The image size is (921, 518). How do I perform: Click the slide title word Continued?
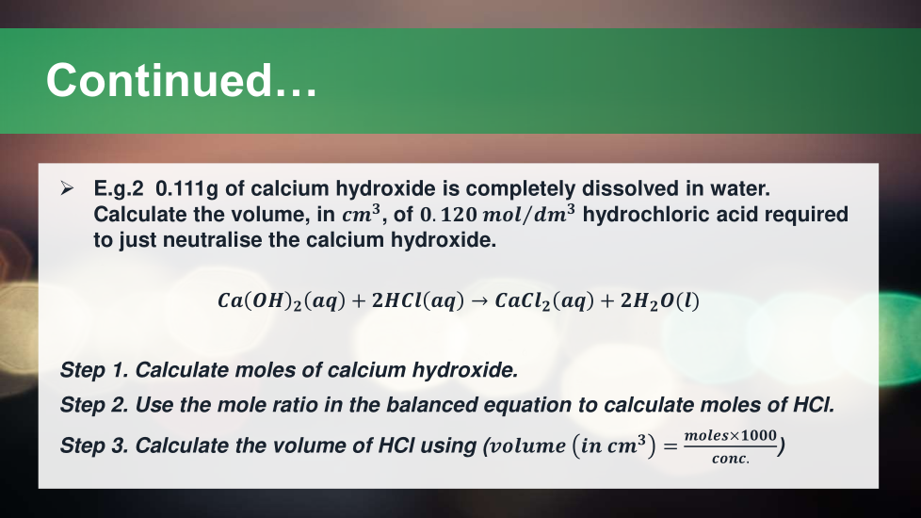[x=181, y=80]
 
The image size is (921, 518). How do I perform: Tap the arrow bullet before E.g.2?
[x=67, y=188]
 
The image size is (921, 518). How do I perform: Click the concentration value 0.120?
[x=448, y=215]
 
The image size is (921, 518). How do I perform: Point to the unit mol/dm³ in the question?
[x=528, y=214]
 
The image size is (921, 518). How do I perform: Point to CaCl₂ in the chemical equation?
[x=522, y=301]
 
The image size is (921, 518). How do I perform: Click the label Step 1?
[x=94, y=370]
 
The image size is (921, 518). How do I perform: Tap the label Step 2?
[x=94, y=405]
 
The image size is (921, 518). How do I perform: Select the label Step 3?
[x=94, y=445]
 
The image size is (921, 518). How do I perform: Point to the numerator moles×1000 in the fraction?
[x=730, y=435]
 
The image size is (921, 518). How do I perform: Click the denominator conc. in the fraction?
[x=731, y=458]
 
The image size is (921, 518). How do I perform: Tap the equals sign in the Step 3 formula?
[x=671, y=446]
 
